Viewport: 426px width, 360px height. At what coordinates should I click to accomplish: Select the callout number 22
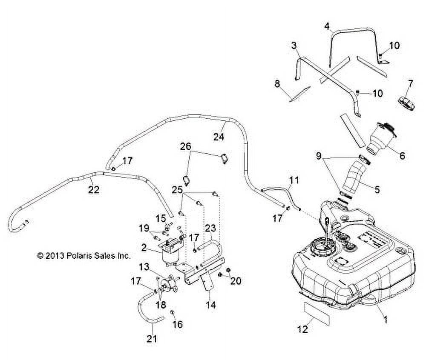tap(93, 190)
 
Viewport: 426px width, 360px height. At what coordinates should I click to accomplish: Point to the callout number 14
tap(210, 305)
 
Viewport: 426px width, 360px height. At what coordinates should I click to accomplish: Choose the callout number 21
tap(152, 339)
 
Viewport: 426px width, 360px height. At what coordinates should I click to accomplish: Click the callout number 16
tap(177, 324)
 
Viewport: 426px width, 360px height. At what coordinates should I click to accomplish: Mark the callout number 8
tap(277, 83)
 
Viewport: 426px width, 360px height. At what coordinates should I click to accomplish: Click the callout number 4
tap(327, 26)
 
